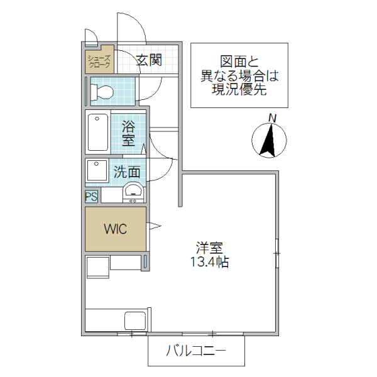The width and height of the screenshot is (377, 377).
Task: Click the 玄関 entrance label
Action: (150, 60)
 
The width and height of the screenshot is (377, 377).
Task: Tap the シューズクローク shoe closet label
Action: (99, 61)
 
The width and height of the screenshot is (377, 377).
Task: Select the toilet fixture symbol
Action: (101, 93)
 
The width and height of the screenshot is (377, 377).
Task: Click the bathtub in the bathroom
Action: (98, 132)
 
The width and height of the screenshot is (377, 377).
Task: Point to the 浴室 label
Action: (128, 133)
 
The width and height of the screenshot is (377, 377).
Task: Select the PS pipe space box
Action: (92, 197)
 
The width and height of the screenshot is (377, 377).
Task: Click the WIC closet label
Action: (116, 229)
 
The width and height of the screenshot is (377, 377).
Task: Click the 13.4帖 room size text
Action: (209, 263)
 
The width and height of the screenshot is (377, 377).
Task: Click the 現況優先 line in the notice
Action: (239, 89)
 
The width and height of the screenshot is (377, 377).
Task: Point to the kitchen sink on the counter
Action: (135, 319)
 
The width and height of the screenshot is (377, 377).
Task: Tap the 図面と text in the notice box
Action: (239, 62)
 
